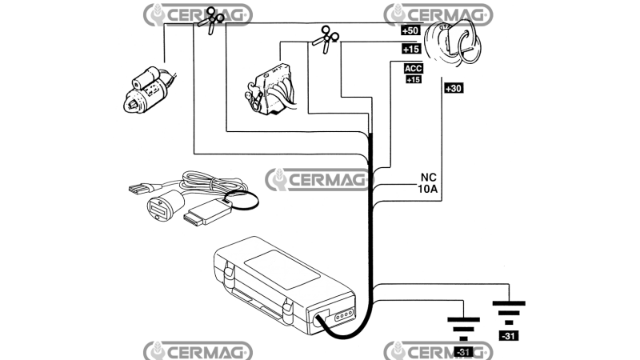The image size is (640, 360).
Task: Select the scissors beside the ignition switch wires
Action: (325, 38)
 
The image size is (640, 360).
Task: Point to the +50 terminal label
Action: (410, 30)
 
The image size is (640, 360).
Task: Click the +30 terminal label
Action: (453, 88)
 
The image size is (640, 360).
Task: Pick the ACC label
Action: (414, 69)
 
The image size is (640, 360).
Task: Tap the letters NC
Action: (428, 178)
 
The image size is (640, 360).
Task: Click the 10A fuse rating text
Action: (428, 190)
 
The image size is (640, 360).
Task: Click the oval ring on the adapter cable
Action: (241, 201)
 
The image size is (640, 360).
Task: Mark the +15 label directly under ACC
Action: (414, 79)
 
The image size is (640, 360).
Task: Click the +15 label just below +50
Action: (410, 49)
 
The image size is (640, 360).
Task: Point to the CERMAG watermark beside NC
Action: (317, 179)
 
